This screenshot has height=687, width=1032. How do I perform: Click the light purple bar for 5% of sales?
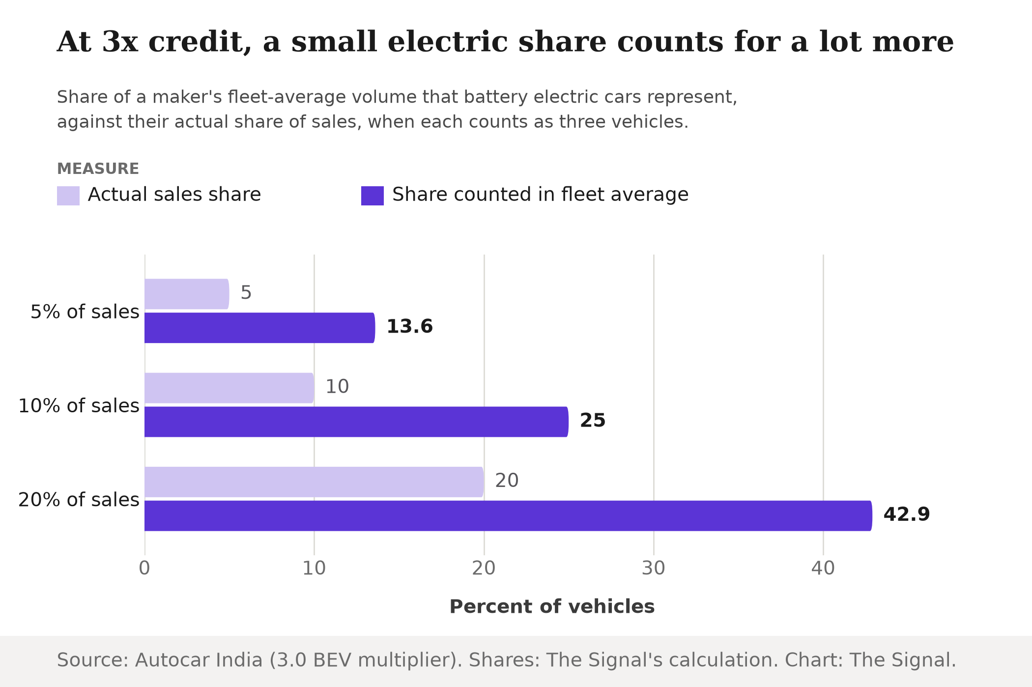point(187,294)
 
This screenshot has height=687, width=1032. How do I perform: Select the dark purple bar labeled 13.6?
point(260,328)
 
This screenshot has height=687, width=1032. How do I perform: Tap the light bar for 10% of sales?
point(229,388)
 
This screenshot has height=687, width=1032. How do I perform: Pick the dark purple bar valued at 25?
point(356,422)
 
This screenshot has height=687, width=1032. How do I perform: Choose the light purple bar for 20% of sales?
point(314,482)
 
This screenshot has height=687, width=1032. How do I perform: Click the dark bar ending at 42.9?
point(508,515)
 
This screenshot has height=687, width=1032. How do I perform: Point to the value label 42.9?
point(907,515)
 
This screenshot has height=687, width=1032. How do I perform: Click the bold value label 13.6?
point(410,327)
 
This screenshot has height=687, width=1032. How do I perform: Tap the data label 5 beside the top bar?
point(246,293)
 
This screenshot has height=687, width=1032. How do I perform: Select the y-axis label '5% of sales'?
point(85,312)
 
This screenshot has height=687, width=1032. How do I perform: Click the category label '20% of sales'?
point(79,500)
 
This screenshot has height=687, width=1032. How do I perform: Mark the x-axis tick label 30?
point(654,569)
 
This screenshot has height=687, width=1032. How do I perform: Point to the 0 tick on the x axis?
point(144,569)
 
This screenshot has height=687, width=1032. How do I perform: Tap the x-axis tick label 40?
point(823,569)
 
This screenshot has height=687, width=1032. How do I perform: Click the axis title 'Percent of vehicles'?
point(552,607)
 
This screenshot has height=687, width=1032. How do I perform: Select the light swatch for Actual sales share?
point(68,196)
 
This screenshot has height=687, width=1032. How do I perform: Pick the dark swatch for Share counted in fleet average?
point(373,196)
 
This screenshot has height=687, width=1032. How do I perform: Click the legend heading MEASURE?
point(98,169)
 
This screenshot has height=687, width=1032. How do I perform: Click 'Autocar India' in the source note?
point(199,660)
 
